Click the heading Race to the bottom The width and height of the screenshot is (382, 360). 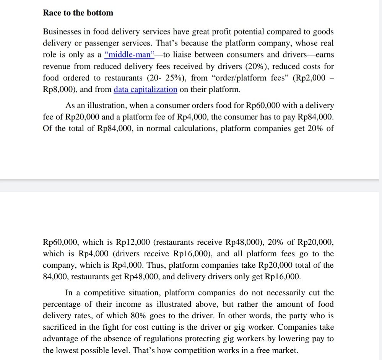click(78, 13)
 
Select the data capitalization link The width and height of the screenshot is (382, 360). click(145, 90)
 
